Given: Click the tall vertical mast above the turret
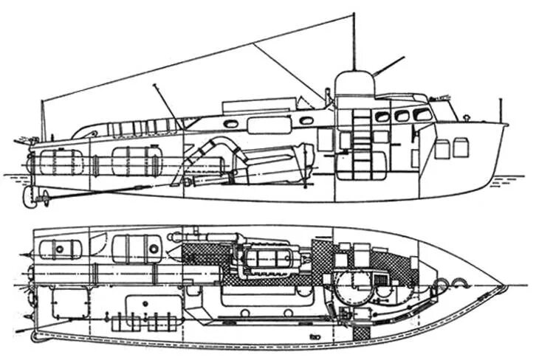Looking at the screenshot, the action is [x=354, y=41].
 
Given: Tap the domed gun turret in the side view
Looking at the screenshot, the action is [x=354, y=85].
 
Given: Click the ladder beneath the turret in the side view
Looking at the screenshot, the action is [x=361, y=144].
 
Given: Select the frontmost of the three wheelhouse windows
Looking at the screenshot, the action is [x=422, y=114].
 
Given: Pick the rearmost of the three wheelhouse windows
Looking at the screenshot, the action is [x=382, y=117].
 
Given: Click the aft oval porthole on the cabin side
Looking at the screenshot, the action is [x=231, y=124].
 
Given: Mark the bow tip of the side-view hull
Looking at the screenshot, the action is [x=507, y=125].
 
